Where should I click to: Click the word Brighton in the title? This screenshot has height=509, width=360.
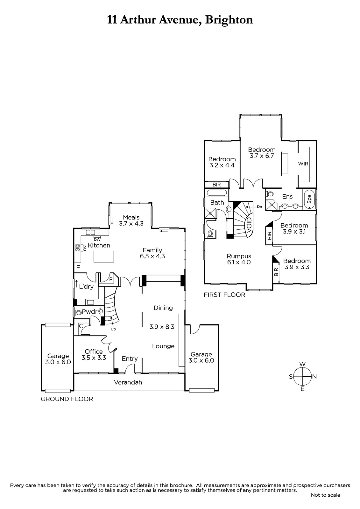tap(229, 20)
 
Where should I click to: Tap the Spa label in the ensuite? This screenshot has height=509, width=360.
tap(309, 199)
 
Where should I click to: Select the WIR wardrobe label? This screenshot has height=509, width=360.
tap(303, 164)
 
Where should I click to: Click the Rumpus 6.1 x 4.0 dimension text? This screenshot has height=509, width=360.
tap(239, 262)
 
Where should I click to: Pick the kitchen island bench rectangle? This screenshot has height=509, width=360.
tap(104, 256)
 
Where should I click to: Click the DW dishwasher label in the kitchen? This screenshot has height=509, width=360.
tap(97, 240)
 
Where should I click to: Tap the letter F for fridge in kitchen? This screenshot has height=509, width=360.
tap(78, 268)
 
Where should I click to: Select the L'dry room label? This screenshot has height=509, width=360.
tap(86, 287)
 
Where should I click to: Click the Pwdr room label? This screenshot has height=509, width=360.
tap(89, 312)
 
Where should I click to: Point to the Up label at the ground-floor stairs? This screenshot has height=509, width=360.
tap(113, 329)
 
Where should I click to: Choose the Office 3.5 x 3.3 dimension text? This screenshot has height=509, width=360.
tap(94, 358)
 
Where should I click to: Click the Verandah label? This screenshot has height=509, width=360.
tap(128, 382)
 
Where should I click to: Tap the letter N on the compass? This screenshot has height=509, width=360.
tap(314, 377)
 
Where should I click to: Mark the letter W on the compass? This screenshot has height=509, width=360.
tap(303, 364)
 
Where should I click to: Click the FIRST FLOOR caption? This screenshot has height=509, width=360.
tap(224, 295)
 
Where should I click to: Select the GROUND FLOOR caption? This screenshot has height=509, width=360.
tap(67, 399)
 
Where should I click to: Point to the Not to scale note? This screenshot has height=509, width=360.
tap(325, 495)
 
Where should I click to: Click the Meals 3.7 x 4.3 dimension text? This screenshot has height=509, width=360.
tap(131, 223)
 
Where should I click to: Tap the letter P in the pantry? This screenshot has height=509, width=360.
tap(111, 279)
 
